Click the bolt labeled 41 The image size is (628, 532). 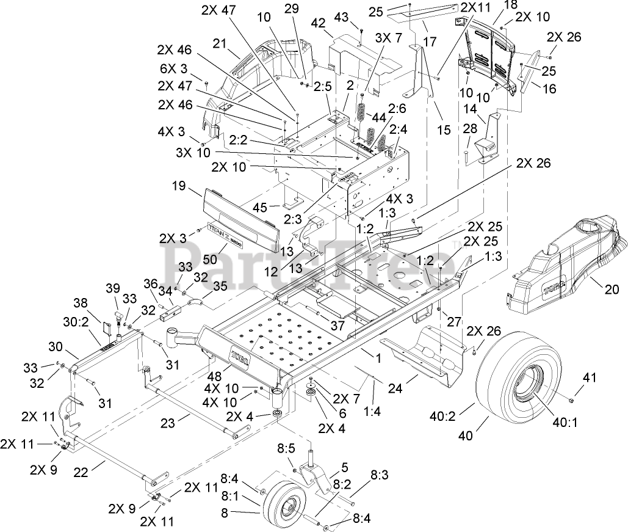571,400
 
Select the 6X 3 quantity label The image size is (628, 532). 174,69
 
